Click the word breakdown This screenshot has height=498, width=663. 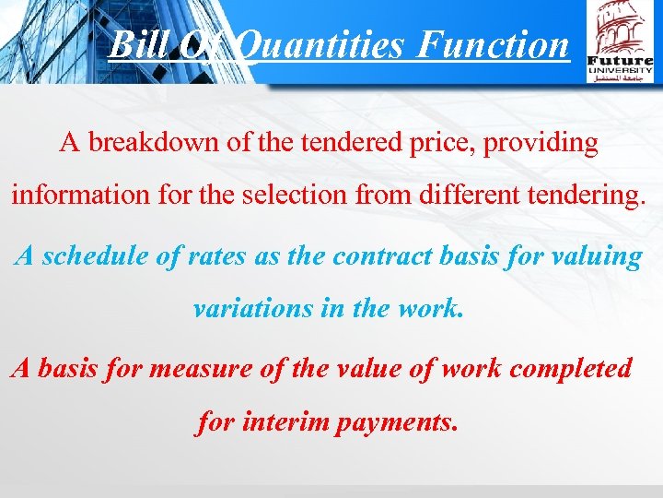tap(149, 144)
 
